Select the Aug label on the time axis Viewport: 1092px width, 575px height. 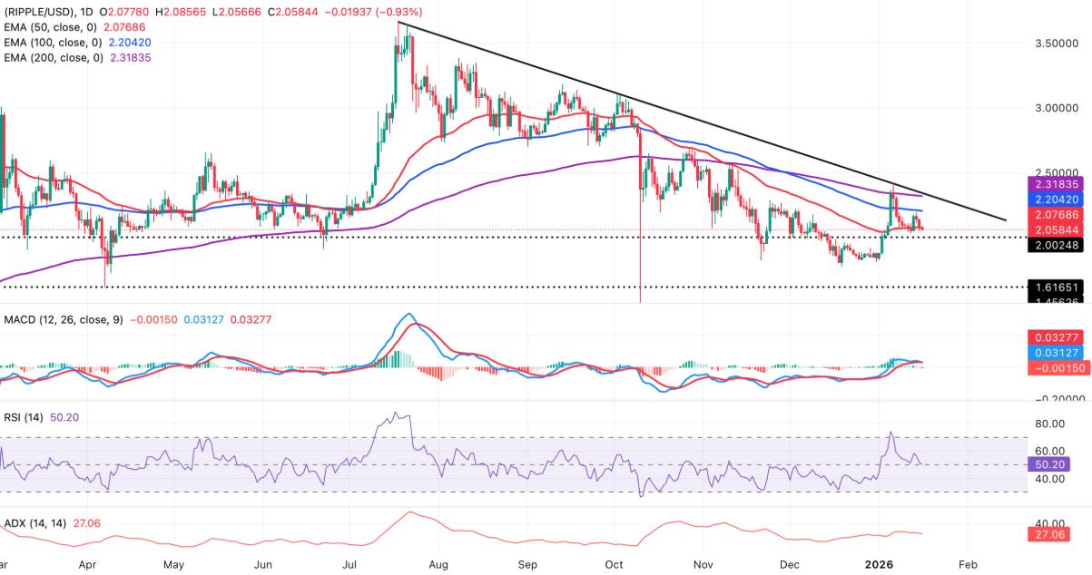[438, 563]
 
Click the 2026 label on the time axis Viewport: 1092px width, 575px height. [880, 563]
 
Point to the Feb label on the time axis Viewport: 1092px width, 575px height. [968, 563]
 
